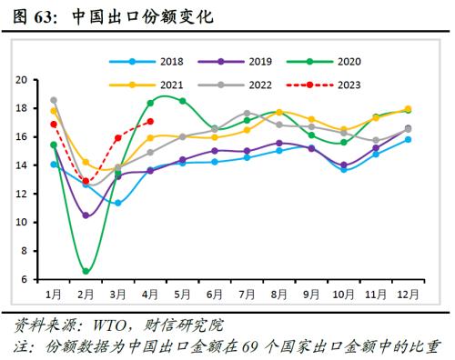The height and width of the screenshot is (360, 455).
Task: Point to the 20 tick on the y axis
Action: [x=24, y=80]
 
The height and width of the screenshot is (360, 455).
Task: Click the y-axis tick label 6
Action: [x=26, y=279]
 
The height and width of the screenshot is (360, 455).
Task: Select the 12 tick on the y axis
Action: [x=24, y=194]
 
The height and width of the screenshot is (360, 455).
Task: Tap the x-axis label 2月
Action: [x=86, y=294]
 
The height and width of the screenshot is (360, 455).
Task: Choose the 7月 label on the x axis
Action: [x=247, y=294]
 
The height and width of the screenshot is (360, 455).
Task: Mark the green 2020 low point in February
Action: [x=86, y=271]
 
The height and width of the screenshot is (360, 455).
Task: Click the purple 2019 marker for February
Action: [x=86, y=215]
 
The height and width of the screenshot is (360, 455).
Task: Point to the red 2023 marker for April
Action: [x=150, y=121]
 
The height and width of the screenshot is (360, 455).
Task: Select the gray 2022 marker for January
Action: [x=54, y=100]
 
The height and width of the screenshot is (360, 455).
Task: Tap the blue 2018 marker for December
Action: [x=407, y=139]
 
